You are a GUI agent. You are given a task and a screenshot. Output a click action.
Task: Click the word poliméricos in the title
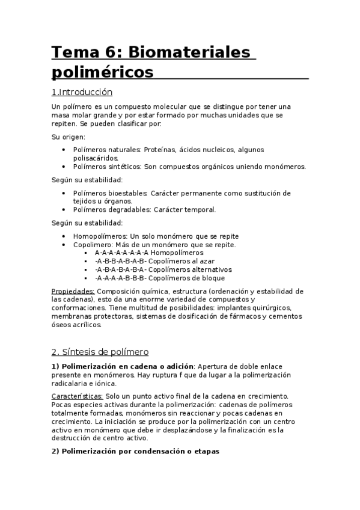103,73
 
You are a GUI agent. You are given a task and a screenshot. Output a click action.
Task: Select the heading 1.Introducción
82,93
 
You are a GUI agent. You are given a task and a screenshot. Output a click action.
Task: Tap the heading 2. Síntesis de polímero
100,351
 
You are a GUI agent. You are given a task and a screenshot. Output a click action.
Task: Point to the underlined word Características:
78,396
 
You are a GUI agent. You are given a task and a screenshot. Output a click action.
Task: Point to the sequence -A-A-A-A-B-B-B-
120,278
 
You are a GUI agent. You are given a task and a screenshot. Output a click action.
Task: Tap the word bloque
213,278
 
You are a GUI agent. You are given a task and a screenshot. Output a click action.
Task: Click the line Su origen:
68,137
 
